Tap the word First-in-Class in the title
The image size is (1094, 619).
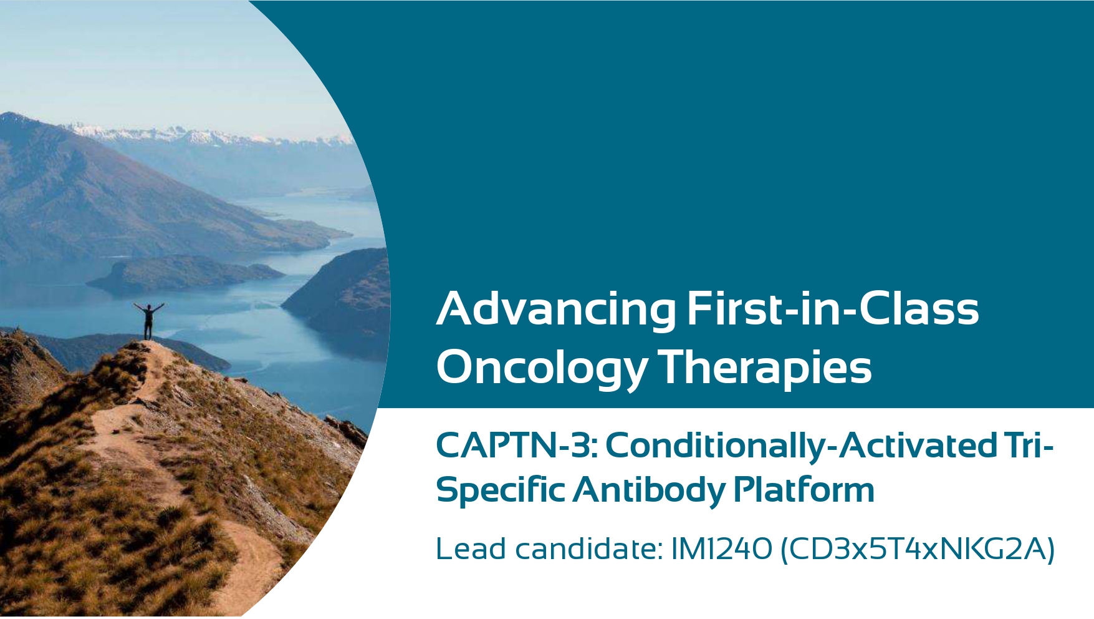(833, 308)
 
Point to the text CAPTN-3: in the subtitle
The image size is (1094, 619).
(517, 445)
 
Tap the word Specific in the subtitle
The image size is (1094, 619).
(501, 490)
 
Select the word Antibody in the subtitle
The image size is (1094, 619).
(649, 490)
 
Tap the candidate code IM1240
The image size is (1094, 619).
(722, 549)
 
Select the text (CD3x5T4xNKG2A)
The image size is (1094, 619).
(918, 549)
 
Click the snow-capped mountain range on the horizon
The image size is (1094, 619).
(206, 134)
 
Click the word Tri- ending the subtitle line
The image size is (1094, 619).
(1029, 445)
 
